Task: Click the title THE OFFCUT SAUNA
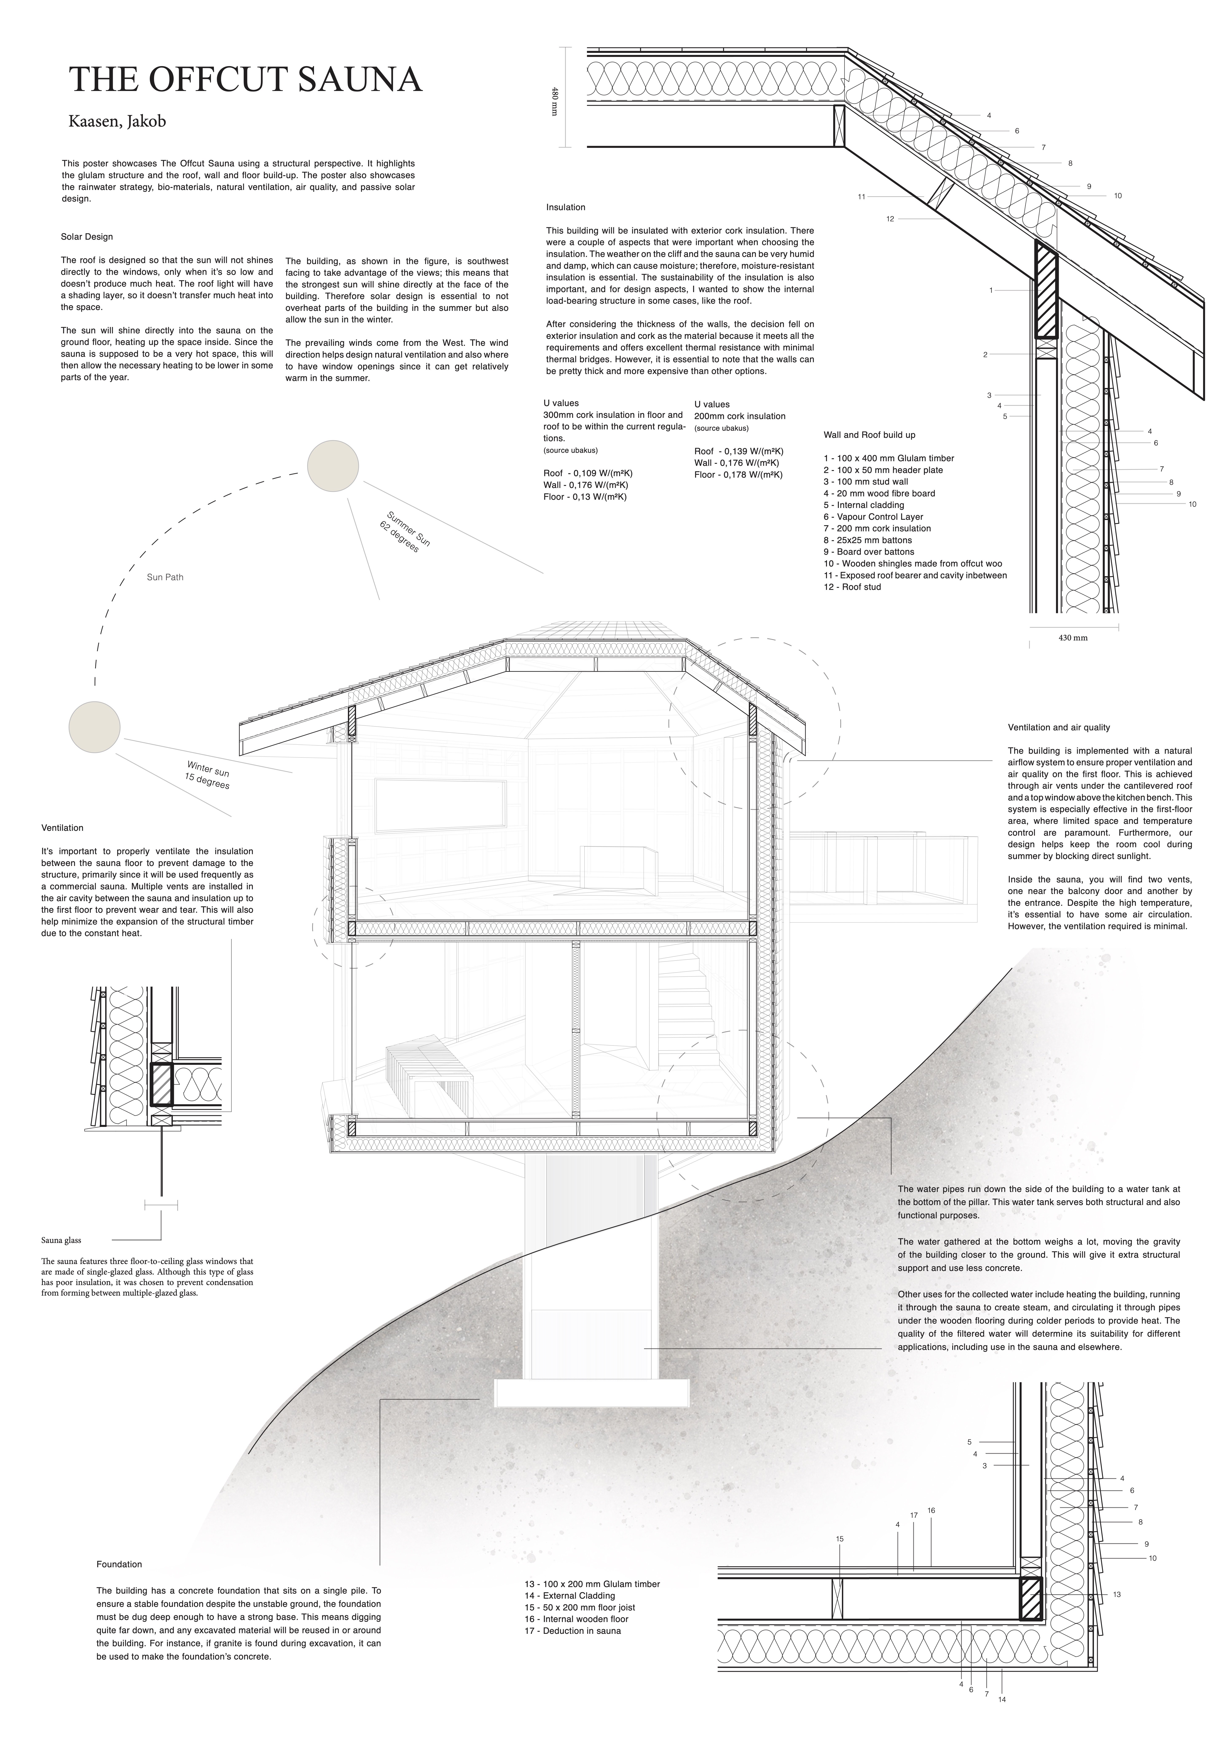245,80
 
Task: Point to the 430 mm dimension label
1073,638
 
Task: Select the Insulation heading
565,207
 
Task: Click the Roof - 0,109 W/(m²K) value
583,473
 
